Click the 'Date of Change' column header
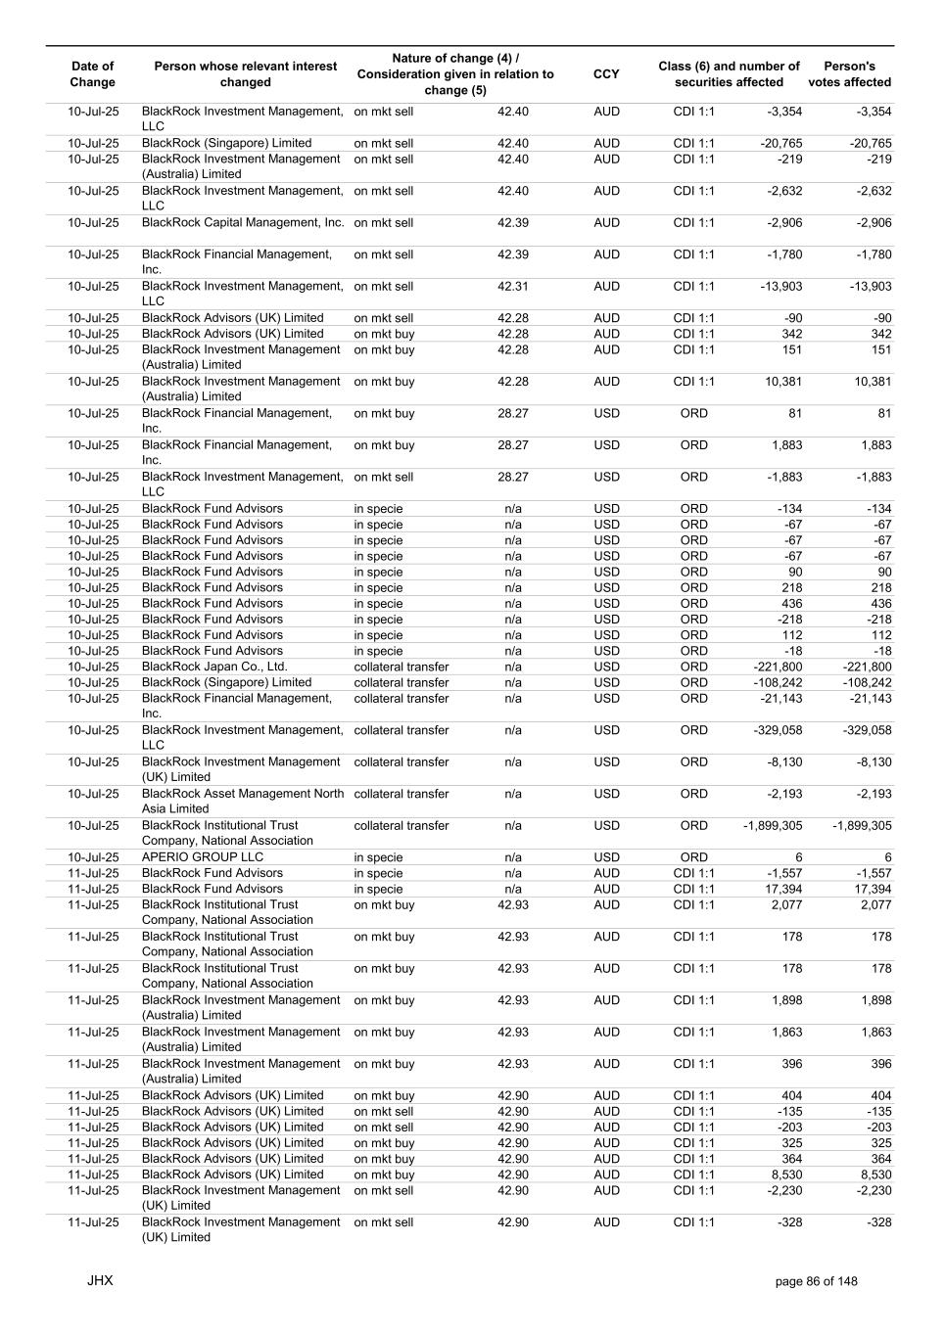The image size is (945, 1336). pos(93,74)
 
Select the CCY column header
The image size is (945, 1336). pos(606,74)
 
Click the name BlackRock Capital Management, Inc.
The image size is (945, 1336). pos(243,223)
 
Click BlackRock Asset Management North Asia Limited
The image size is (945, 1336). pos(243,801)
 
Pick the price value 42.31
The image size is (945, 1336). pos(512,287)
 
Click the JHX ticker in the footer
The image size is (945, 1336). pos(100,1280)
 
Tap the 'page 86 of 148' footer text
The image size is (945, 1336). pos(816,1281)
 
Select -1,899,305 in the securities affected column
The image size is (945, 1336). pos(773,826)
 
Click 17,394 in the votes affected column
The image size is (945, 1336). pos(873,890)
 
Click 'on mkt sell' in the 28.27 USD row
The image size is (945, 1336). pos(384,478)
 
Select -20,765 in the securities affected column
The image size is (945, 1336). pos(780,144)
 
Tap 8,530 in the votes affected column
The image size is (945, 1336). pos(875,1175)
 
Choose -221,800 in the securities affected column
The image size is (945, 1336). pos(778,667)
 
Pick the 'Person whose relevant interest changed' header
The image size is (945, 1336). pos(245,74)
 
